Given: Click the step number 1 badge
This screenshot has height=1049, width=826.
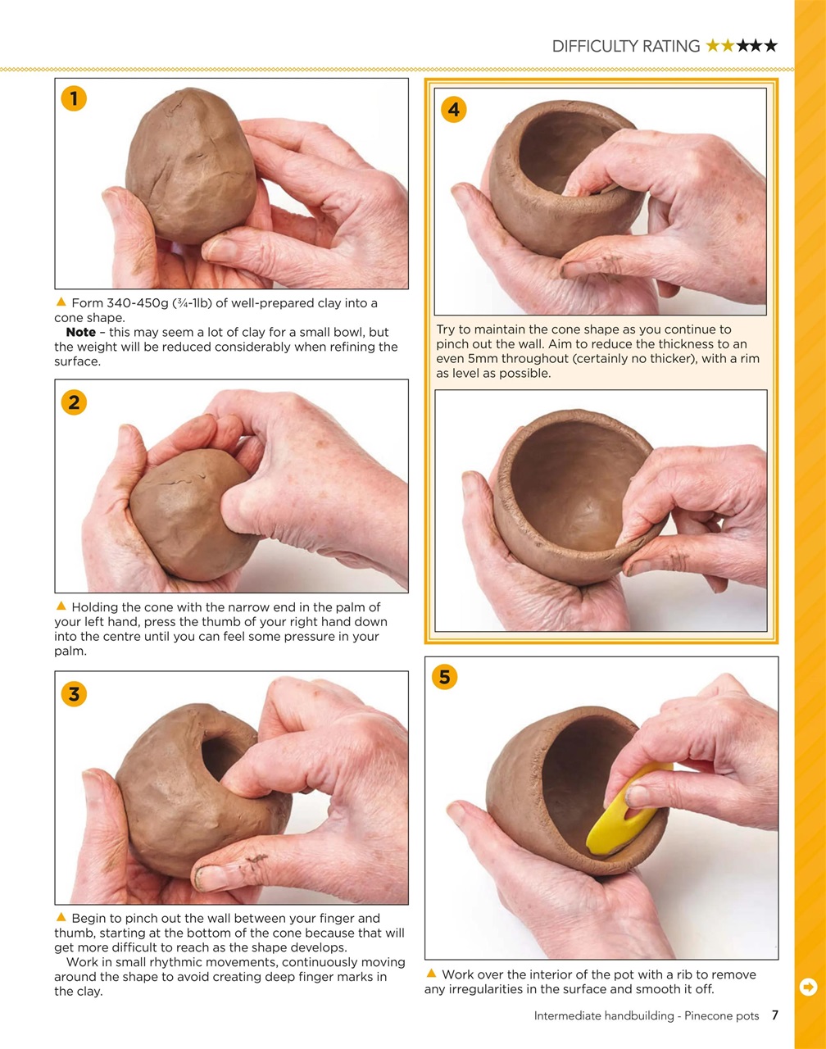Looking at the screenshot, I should coord(74,99).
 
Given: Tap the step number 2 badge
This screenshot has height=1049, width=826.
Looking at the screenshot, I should coord(74,402).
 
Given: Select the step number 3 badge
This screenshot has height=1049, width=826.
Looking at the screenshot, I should coord(74,694).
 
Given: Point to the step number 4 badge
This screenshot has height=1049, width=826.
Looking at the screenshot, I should coord(453,109).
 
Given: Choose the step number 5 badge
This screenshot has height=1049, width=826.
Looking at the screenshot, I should coord(444,677).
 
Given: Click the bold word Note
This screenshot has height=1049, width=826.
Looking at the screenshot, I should coord(80,333).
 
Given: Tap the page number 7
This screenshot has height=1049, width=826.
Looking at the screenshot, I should coord(774,1015).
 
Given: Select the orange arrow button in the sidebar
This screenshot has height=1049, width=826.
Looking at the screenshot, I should coord(808,987).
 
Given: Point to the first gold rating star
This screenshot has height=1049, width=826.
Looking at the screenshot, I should coord(713,46).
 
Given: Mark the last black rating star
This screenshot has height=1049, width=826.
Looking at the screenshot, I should coord(770,46).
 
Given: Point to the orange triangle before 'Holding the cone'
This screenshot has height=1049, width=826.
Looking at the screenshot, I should coord(61,606).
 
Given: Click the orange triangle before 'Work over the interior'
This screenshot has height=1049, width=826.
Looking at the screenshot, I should coord(431,974).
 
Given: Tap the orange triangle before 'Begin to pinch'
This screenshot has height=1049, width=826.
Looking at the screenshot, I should coord(61,918).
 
